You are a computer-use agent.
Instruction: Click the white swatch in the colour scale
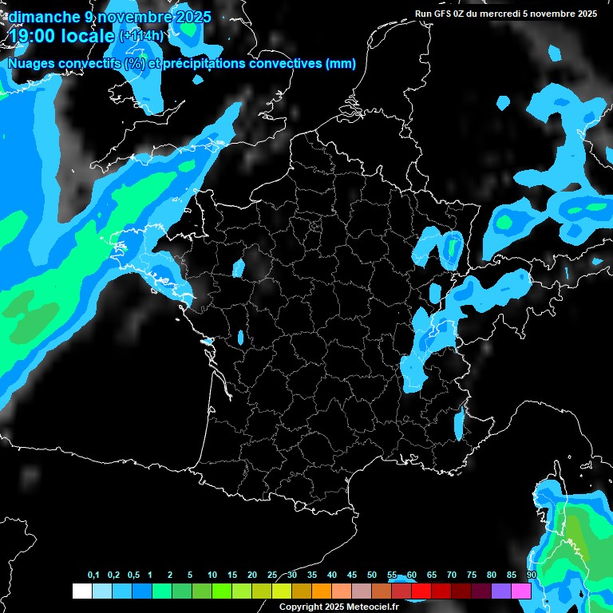point(81,591)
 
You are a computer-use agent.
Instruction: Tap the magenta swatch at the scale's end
point(521,591)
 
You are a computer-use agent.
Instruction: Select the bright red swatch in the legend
point(421,591)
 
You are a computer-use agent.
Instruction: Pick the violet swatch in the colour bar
point(501,591)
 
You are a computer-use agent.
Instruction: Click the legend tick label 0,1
point(93,575)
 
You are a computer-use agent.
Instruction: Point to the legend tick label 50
point(372,575)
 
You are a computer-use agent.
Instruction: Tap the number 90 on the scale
point(531,575)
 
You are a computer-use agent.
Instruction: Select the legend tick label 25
point(272,575)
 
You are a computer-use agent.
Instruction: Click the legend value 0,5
point(133,575)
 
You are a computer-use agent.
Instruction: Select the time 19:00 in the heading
point(34,35)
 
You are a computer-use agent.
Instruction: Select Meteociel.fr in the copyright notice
point(378,607)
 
